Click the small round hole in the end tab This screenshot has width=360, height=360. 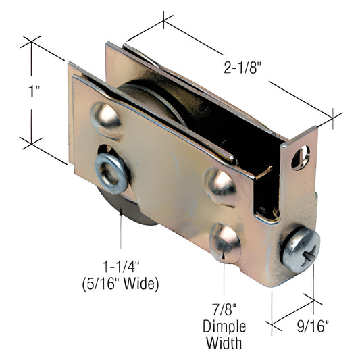coord(301,155)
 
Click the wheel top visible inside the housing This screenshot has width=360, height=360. coord(145,91)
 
